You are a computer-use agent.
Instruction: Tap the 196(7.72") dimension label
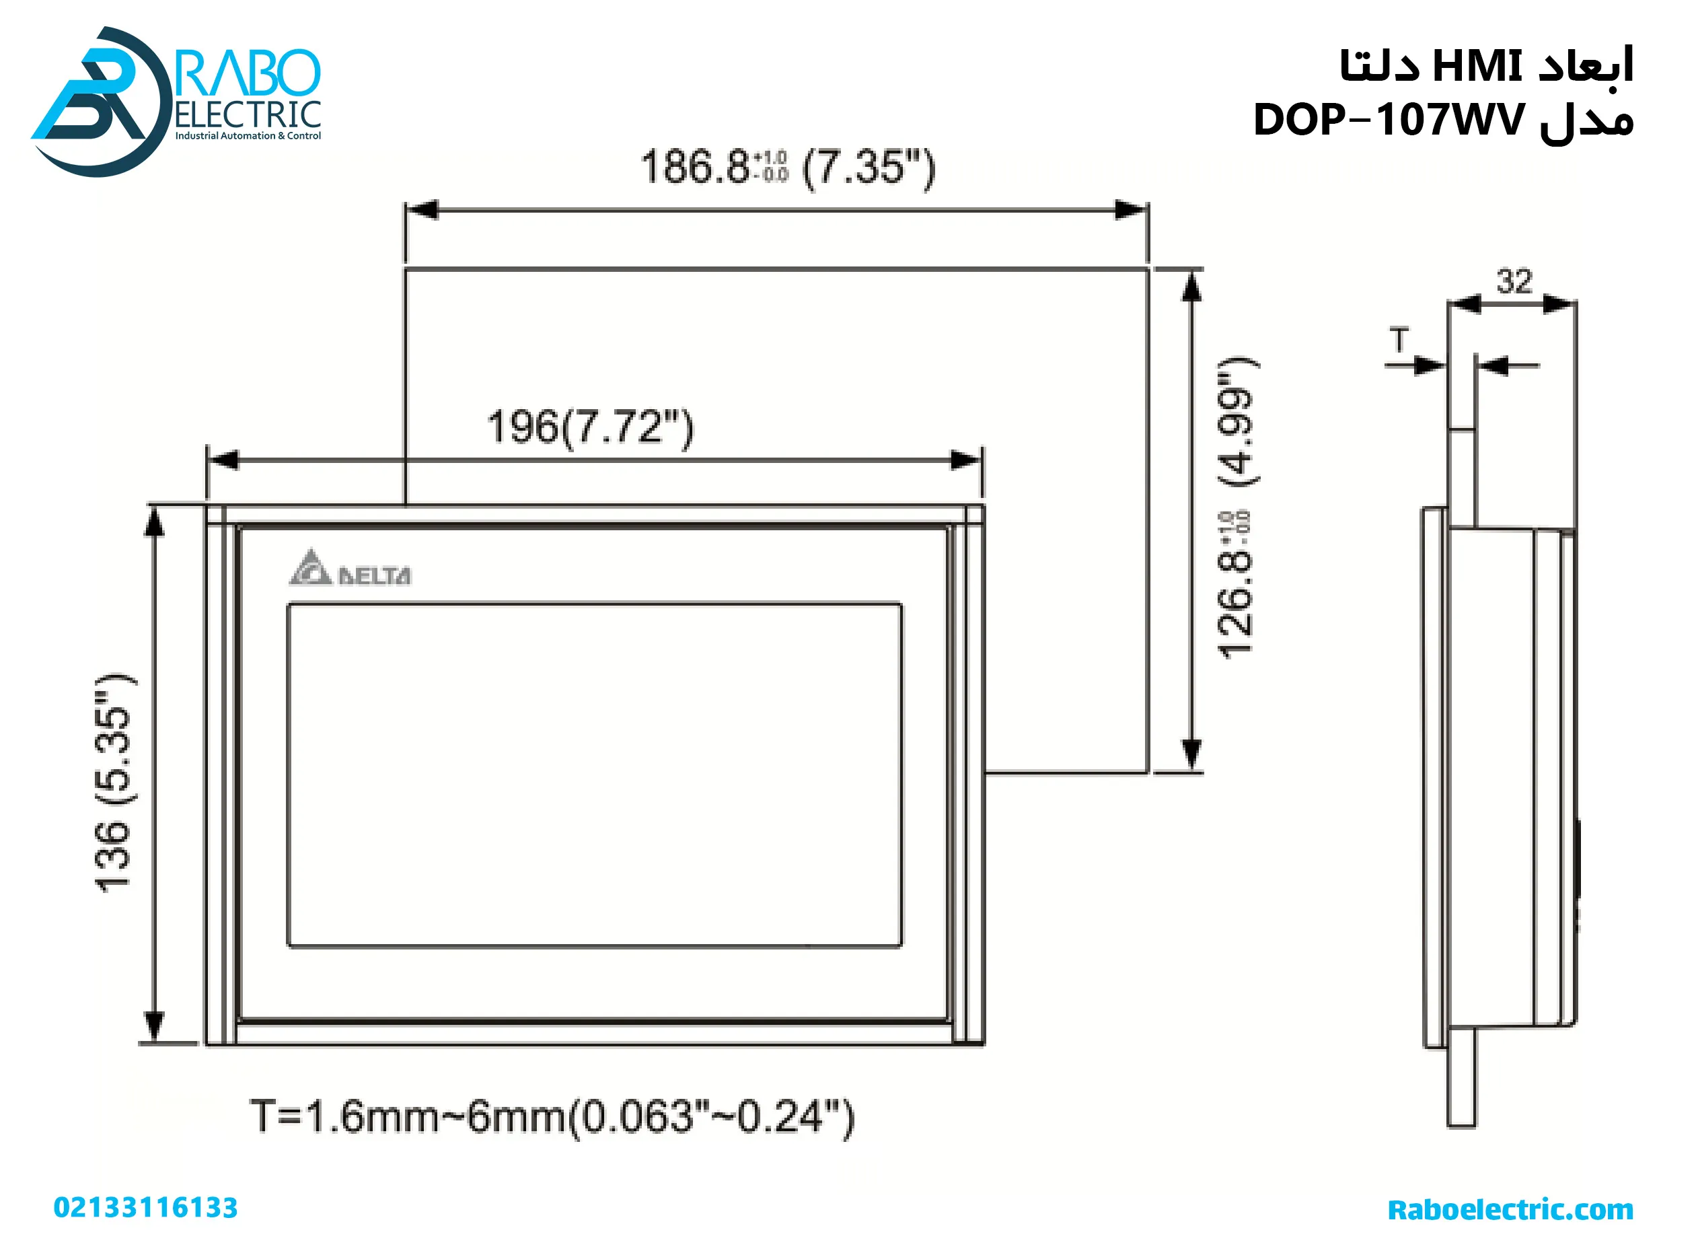click(590, 427)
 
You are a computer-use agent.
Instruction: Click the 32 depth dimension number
click(1514, 281)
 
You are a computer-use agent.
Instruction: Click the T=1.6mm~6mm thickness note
click(552, 1116)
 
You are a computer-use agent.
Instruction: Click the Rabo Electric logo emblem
click(99, 103)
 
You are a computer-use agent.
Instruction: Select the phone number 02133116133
click(145, 1208)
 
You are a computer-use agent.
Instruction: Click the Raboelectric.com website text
click(1510, 1209)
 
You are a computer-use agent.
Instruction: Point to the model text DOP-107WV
click(1389, 120)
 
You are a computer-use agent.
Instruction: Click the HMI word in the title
click(1476, 66)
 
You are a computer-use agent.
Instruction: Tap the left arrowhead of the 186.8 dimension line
click(420, 210)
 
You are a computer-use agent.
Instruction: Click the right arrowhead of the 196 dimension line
click(967, 460)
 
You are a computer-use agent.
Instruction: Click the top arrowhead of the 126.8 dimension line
click(1191, 287)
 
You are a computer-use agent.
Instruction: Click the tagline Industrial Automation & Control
click(248, 136)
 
